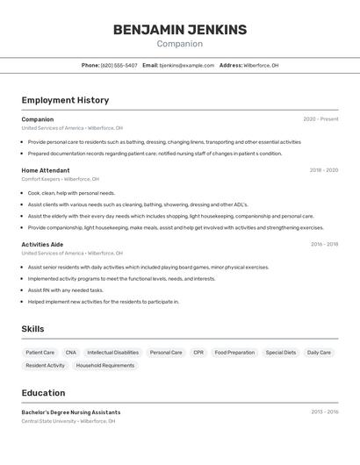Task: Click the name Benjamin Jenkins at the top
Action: click(180, 30)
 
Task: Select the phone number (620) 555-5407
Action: click(119, 65)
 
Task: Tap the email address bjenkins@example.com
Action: click(187, 65)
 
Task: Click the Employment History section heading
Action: click(65, 100)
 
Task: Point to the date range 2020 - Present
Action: click(320, 119)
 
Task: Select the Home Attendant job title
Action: click(46, 170)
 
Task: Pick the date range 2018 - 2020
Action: click(323, 170)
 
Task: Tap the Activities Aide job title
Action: click(42, 244)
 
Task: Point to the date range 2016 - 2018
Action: click(323, 244)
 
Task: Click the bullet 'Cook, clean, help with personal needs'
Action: click(71, 193)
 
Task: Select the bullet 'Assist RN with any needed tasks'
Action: click(65, 290)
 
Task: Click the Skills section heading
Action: click(32, 329)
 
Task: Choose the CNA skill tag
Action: click(70, 353)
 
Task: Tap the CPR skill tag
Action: click(198, 353)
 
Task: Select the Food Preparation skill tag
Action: click(234, 353)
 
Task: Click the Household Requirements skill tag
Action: click(105, 365)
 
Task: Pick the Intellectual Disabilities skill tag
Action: click(112, 353)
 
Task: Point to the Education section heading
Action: click(43, 393)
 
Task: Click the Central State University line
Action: click(68, 421)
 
